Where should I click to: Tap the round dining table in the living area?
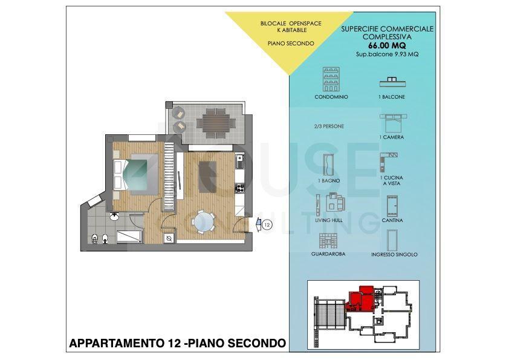tap(203, 223)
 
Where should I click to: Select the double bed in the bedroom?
tap(135, 175)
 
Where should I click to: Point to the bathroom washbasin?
tap(114, 216)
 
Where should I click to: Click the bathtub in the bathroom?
tap(129, 237)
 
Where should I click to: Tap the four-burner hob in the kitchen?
tap(239, 188)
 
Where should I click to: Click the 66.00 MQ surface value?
tap(387, 45)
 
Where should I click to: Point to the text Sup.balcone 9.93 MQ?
tap(387, 54)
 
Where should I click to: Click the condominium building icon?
tap(331, 79)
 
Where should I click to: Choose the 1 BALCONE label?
tap(392, 97)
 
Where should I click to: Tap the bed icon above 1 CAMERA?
tap(393, 123)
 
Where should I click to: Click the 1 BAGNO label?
tap(329, 181)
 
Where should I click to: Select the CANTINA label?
tap(392, 220)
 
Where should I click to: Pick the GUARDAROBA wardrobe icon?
tap(328, 241)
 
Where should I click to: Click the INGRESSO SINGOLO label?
tap(394, 255)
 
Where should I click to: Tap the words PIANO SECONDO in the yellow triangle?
tap(291, 43)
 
